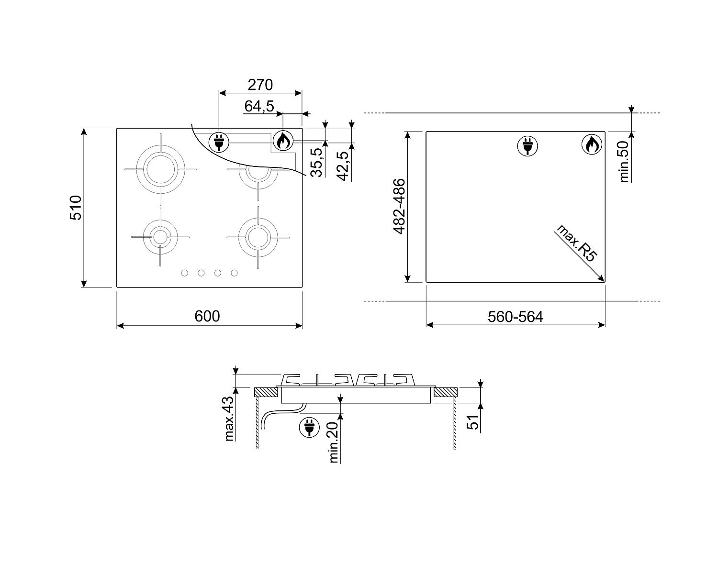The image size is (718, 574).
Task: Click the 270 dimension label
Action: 260,85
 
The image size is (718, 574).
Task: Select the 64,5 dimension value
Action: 259,106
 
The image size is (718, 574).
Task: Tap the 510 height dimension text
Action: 76,208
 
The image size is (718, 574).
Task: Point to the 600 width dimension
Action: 207,316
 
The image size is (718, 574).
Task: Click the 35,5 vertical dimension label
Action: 316,162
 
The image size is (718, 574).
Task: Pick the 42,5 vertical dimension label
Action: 343,166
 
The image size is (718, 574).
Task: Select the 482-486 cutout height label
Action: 399,207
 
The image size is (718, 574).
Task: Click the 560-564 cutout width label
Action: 516,317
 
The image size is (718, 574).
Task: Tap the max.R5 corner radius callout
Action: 576,243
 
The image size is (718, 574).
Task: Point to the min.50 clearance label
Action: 624,161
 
